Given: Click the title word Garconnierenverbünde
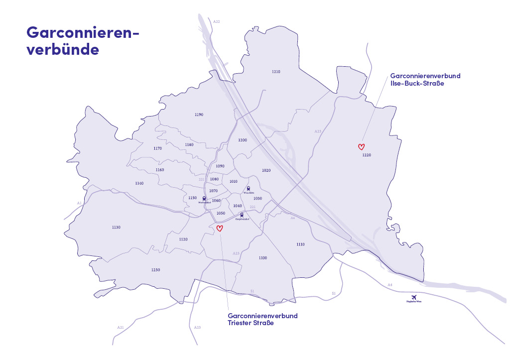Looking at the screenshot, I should [x=82, y=41].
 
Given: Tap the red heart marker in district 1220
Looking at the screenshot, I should [x=362, y=146].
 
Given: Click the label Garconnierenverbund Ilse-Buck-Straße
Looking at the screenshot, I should [x=425, y=80].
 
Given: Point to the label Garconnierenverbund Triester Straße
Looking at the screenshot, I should [x=262, y=319].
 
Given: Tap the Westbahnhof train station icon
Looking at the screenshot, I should [x=205, y=198].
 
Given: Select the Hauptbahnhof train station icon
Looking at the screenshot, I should [x=242, y=215].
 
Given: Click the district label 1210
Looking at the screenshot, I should [x=276, y=72].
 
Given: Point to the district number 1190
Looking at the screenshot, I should [x=199, y=115].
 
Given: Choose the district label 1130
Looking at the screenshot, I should [x=116, y=227].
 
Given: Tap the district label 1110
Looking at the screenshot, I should [x=300, y=244].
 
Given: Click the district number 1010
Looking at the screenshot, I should [x=233, y=182].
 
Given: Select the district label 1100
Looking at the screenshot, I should [x=263, y=258].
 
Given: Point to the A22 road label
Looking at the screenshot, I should [x=216, y=22].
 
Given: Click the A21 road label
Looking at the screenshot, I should [x=121, y=327].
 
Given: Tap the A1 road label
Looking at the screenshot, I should [x=79, y=203].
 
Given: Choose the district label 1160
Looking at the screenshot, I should [x=160, y=170].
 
